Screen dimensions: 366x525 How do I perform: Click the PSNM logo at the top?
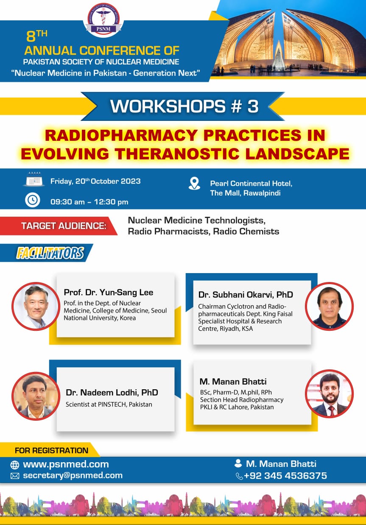[x=103, y=20]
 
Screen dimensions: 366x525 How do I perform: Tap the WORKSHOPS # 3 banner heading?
[x=184, y=106]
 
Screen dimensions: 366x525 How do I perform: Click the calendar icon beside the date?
[x=34, y=179]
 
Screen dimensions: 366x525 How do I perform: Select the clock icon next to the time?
[x=32, y=200]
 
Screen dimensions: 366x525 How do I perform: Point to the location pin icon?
[x=194, y=184]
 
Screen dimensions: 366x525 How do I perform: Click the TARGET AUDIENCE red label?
[x=59, y=226]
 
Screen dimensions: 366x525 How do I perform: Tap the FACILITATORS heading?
[x=50, y=253]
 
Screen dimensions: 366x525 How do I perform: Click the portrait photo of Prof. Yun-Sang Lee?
[x=36, y=306]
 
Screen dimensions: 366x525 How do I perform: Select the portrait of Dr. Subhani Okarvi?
[x=329, y=306]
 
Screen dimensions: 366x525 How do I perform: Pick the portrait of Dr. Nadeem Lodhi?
[x=36, y=396]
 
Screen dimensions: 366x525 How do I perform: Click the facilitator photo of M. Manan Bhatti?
[x=329, y=394]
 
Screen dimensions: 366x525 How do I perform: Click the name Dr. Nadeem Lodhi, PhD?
[x=112, y=392]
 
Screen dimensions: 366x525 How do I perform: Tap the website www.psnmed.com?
[x=66, y=464]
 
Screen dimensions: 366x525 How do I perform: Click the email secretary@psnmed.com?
[x=73, y=475]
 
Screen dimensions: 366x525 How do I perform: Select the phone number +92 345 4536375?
[x=285, y=475]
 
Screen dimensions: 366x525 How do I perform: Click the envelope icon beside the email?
[x=15, y=476]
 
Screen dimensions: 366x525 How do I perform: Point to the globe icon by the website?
[x=15, y=465]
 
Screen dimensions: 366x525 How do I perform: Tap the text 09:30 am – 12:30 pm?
[x=89, y=202]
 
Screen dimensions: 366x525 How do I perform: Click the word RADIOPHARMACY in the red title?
[x=121, y=135]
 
